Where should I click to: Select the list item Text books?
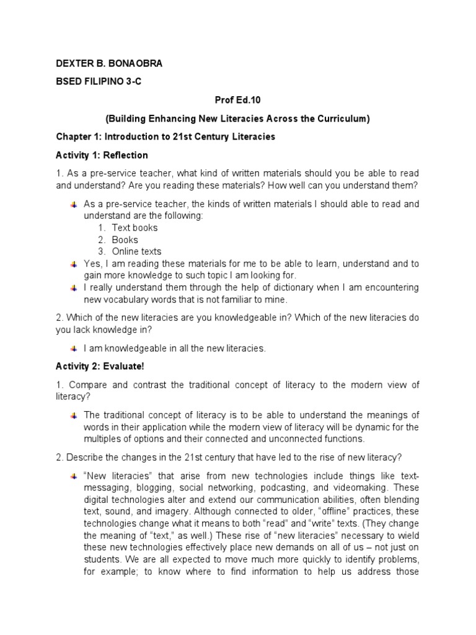[134, 228]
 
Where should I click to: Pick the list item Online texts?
[136, 251]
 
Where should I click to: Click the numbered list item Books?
[125, 239]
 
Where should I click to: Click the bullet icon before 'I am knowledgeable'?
[74, 348]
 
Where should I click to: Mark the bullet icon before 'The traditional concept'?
[74, 415]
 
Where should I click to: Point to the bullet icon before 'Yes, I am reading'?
[74, 264]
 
